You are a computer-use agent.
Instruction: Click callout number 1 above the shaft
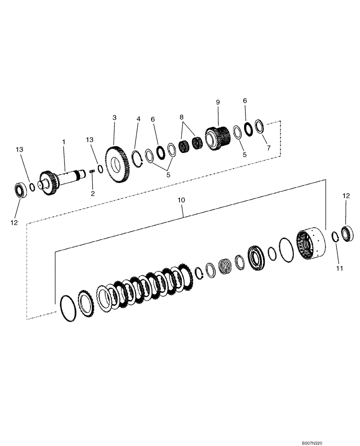click(64, 141)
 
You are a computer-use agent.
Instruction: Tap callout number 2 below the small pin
click(92, 193)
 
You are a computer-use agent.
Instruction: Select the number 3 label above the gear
click(115, 118)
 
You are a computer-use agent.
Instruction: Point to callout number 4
click(139, 120)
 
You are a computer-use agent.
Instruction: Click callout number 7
click(268, 148)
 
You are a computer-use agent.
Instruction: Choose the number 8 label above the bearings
click(181, 117)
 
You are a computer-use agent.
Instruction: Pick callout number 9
click(218, 103)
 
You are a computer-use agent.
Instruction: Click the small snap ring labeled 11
click(336, 237)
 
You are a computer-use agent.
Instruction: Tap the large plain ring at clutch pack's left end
click(67, 308)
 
